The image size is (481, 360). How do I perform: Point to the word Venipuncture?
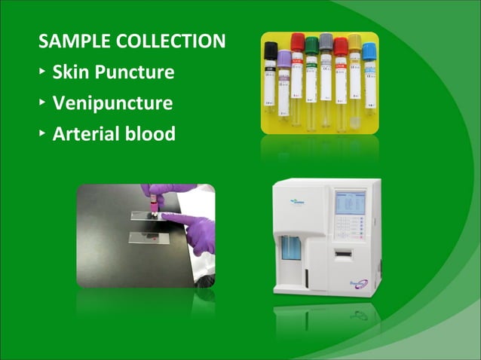pos(112,103)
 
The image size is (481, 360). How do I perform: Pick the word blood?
pos(152,134)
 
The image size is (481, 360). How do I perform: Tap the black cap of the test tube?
pos(270,51)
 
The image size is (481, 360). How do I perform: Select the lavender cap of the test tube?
pos(284,58)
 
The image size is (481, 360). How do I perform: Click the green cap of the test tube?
pos(311,44)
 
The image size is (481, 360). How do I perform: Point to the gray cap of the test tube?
pos(326,41)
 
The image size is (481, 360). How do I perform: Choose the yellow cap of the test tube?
pos(354,42)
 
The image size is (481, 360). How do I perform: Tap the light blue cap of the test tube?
pos(369,50)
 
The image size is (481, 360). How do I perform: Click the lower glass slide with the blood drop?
pos(151,239)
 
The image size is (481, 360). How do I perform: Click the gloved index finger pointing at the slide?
pos(177,219)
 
